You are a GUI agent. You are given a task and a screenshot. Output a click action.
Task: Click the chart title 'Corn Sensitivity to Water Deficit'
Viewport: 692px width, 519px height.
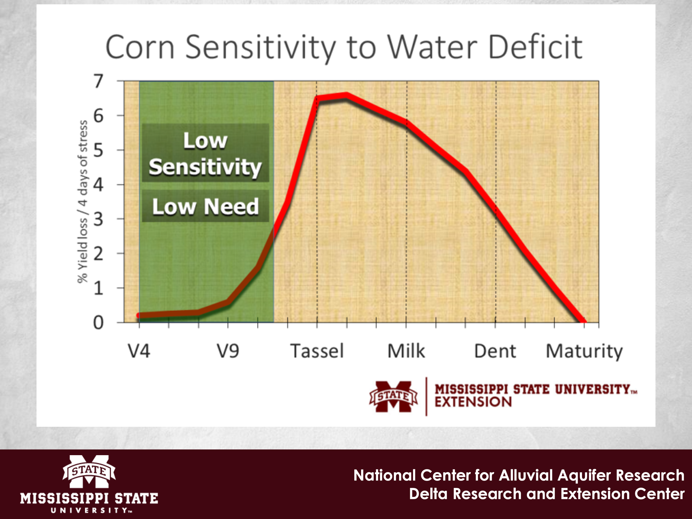click(x=343, y=47)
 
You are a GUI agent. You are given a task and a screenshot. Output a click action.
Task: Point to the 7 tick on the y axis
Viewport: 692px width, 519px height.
click(x=98, y=81)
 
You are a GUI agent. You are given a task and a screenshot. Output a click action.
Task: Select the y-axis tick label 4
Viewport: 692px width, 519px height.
click(x=98, y=185)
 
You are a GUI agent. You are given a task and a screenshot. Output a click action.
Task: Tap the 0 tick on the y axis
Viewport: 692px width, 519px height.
click(x=98, y=323)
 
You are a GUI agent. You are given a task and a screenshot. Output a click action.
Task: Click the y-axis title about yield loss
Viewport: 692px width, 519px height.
click(x=83, y=202)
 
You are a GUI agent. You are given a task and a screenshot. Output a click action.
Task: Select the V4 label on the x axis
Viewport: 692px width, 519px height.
click(x=139, y=351)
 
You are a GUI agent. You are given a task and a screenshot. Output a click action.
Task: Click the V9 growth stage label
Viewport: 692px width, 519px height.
click(x=228, y=351)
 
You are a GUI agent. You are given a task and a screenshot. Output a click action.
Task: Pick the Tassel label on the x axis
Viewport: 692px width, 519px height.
click(x=317, y=351)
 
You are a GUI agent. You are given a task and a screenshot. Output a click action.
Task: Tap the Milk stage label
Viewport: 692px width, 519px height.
click(x=406, y=351)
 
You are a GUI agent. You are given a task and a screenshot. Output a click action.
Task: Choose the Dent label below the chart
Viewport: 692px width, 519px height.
click(x=495, y=351)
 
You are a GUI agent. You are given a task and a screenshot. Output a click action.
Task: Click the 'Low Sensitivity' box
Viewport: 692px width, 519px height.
click(x=205, y=153)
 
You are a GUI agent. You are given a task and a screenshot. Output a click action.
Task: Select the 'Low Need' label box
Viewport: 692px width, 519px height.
click(x=205, y=206)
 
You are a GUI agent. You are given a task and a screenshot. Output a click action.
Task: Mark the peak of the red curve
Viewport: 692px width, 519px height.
click(x=346, y=96)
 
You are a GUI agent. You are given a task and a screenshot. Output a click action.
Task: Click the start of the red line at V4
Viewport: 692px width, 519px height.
click(x=140, y=315)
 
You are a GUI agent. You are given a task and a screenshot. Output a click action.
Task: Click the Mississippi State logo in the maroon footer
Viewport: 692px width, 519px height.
click(x=89, y=483)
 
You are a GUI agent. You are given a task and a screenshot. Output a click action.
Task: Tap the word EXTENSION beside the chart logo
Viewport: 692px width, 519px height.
click(x=473, y=402)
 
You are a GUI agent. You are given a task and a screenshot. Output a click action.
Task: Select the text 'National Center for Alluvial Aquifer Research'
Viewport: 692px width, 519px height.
click(x=519, y=475)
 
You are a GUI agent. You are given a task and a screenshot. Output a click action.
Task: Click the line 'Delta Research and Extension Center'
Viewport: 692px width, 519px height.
click(x=546, y=494)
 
